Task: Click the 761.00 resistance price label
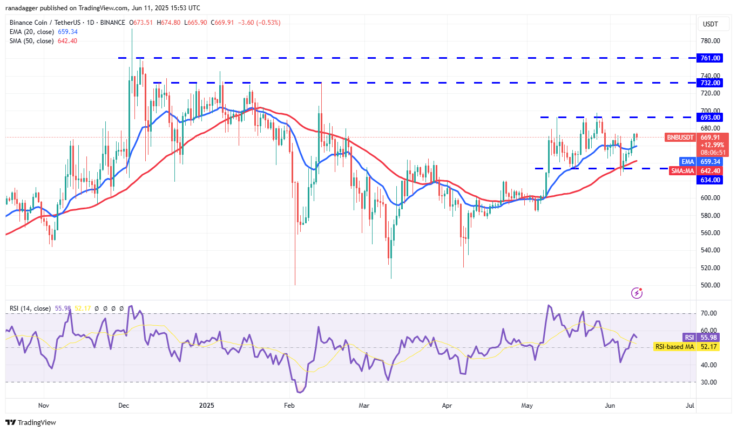click(x=709, y=58)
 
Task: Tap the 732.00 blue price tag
click(x=709, y=83)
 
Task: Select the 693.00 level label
click(x=709, y=117)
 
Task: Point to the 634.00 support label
click(x=709, y=180)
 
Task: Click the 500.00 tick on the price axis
click(x=709, y=285)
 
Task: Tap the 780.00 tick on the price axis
click(x=709, y=41)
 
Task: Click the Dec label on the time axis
click(x=123, y=405)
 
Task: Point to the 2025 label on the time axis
click(x=206, y=405)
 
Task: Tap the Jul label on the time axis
click(x=689, y=405)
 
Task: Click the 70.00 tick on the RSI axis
click(x=709, y=313)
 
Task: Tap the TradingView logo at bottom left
click(x=31, y=423)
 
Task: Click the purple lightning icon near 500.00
click(x=637, y=293)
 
